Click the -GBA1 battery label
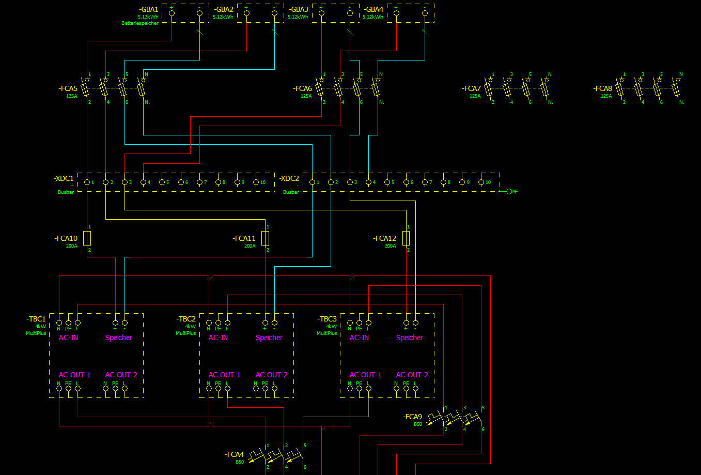tap(149, 9)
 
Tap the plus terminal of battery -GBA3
tap(321, 13)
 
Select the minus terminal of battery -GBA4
tap(425, 13)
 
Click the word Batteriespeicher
tap(140, 23)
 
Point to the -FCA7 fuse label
tap(471, 88)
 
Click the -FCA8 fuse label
tap(602, 88)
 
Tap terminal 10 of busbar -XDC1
tap(256, 182)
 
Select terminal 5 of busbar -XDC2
tap(387, 182)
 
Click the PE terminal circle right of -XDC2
tap(509, 191)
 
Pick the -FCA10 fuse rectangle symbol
tap(87, 238)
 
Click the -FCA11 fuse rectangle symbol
tap(265, 238)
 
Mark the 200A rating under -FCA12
tap(390, 246)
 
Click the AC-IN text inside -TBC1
tap(68, 338)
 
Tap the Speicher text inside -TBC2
tap(269, 338)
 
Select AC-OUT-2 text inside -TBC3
tap(412, 375)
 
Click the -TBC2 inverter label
tap(186, 319)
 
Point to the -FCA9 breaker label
tap(412, 417)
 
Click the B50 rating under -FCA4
tap(240, 462)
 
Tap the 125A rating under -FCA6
tap(306, 96)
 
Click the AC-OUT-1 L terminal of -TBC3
tap(369, 388)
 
